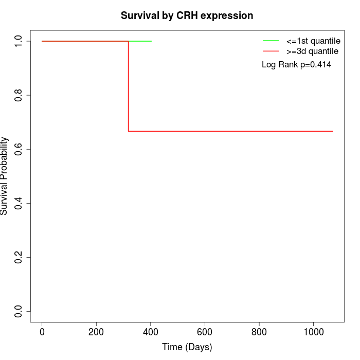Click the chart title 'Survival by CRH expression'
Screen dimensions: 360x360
(187, 16)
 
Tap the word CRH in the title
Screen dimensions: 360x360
(187, 15)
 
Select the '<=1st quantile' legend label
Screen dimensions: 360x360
(313, 41)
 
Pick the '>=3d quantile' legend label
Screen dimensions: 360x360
(312, 51)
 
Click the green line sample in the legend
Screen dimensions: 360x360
(271, 41)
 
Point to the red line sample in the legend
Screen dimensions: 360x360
(271, 51)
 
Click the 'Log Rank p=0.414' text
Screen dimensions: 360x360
(296, 65)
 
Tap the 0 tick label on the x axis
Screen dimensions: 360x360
(42, 332)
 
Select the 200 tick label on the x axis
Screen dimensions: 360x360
(96, 332)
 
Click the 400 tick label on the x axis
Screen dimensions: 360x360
(150, 332)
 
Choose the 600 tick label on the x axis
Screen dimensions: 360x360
(205, 332)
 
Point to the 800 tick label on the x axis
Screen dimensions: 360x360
(259, 332)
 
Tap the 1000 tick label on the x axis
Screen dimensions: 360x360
(314, 332)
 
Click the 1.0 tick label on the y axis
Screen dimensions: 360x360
(18, 41)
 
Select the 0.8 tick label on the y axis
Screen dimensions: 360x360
(18, 95)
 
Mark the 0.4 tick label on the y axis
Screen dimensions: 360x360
(18, 204)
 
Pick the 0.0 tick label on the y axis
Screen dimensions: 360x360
(18, 312)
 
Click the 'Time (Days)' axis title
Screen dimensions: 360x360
(187, 347)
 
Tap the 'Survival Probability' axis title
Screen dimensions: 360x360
(4, 176)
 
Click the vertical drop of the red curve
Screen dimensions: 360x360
(129, 86)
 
